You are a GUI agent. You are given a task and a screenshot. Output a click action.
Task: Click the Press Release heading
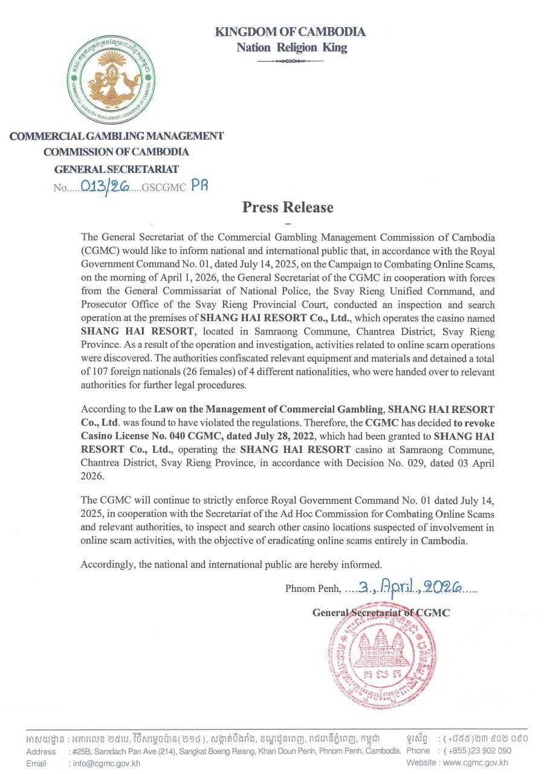tap(288, 207)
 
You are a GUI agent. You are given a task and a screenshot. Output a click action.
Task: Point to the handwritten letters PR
tap(199, 186)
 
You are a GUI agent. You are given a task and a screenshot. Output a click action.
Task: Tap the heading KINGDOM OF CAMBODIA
tap(290, 31)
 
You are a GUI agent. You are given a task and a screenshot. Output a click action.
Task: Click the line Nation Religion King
tap(291, 47)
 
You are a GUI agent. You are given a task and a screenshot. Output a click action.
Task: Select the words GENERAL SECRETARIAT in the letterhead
tap(117, 169)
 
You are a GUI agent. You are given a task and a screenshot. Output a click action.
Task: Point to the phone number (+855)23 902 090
tap(476, 750)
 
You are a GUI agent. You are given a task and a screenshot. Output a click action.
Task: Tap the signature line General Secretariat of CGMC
tap(381, 613)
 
